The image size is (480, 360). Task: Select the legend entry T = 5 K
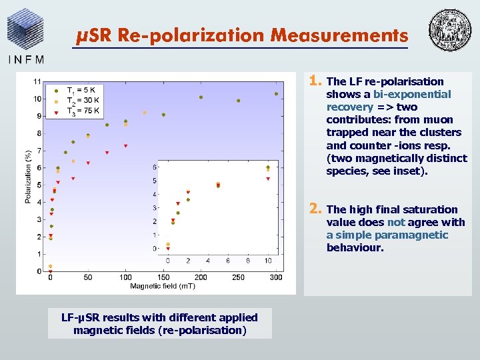pos(85,89)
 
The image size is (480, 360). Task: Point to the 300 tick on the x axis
pos(276,277)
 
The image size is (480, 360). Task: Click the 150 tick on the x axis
pos(163,277)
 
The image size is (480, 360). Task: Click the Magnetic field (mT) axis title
pos(163,287)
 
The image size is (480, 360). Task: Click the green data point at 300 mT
pos(276,94)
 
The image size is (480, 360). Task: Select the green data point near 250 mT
pos(239,101)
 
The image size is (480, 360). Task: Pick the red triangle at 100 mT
pos(125,145)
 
